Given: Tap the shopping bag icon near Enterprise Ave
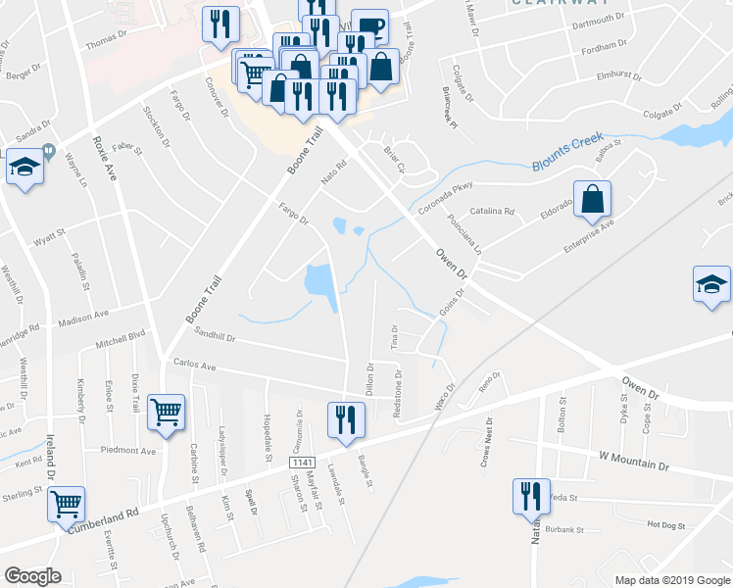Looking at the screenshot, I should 593,200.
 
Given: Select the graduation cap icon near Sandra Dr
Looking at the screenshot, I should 24,167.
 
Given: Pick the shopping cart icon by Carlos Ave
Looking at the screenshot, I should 166,413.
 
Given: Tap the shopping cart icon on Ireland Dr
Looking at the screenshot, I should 67,505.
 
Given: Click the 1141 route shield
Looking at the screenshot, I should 301,461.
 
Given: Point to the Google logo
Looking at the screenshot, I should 32,576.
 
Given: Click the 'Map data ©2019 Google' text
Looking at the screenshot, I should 671,580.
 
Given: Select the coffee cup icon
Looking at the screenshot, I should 369,27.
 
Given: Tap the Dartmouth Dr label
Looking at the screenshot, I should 599,19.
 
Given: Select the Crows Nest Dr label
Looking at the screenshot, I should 487,442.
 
